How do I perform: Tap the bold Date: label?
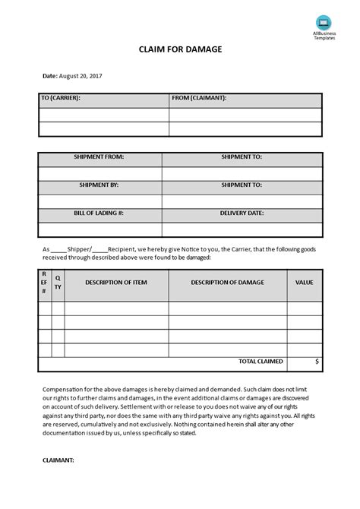[x=49, y=76]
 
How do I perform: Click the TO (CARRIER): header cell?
[x=60, y=98]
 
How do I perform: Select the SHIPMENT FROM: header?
[x=99, y=157]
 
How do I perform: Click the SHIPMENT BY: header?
[x=99, y=185]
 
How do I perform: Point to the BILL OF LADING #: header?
[x=99, y=213]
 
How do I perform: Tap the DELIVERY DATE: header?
[x=242, y=213]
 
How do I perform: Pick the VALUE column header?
[x=304, y=283]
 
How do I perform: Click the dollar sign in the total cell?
[x=317, y=362]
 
